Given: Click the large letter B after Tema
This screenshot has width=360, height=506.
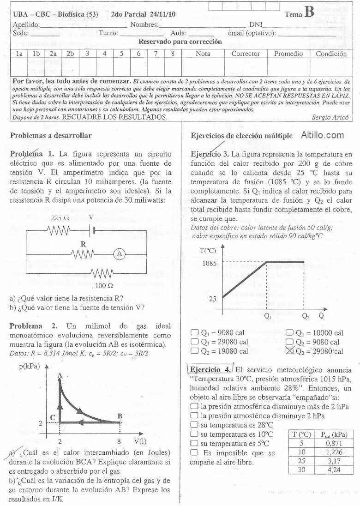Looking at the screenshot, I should [x=309, y=12].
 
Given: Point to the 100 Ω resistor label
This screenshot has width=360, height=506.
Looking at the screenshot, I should [x=104, y=286].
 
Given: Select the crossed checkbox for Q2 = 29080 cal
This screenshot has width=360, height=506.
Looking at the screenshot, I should [x=290, y=351].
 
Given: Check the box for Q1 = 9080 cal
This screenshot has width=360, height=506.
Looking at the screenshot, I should [x=195, y=332].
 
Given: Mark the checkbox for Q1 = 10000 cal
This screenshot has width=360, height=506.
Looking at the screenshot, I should [x=289, y=332].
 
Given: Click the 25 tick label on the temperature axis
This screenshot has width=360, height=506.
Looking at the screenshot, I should [x=212, y=299].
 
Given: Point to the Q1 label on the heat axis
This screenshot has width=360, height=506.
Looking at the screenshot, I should [x=268, y=317].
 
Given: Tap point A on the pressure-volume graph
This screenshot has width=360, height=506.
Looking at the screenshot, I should [x=60, y=377].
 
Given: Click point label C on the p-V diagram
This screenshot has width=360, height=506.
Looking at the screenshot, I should [x=53, y=417].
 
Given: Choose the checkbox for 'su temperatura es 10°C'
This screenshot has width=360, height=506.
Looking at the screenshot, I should [x=195, y=434].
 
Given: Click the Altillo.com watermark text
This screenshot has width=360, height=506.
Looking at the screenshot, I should [x=323, y=135].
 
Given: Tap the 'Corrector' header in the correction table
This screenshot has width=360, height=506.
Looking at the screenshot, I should [x=246, y=54].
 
